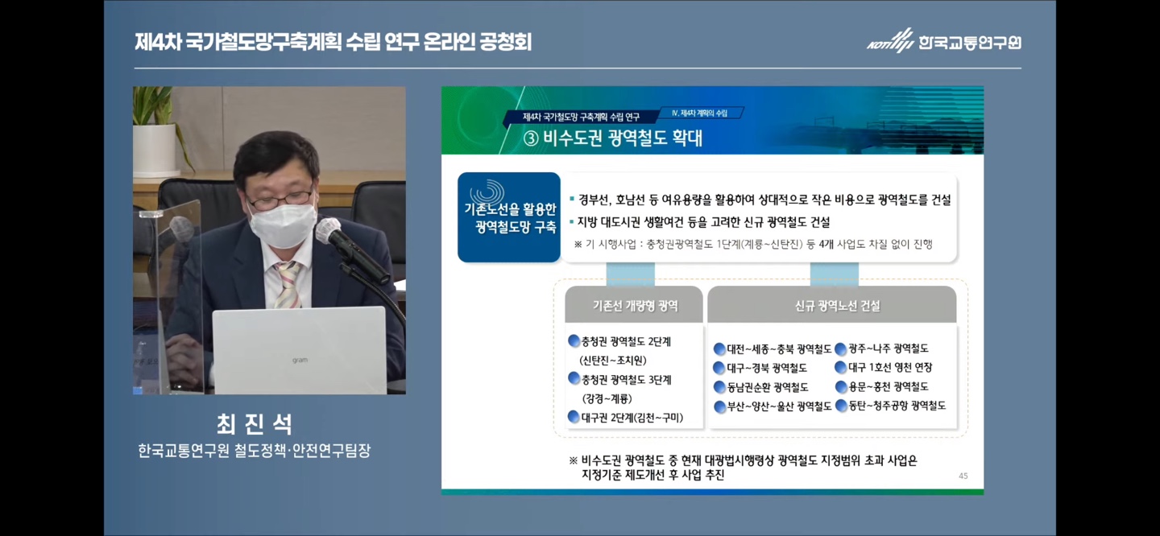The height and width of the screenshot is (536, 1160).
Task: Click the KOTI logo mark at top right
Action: click(891, 40)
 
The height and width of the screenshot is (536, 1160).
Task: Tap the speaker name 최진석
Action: click(255, 424)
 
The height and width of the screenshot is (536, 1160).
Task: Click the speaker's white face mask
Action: click(283, 225)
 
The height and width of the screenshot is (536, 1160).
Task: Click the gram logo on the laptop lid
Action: click(300, 360)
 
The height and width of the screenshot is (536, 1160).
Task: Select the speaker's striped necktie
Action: click(288, 284)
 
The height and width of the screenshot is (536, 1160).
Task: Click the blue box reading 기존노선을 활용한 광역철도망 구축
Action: click(509, 217)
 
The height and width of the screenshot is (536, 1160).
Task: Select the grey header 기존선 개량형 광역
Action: click(634, 305)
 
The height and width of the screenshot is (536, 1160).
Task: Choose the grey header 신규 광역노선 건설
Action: click(832, 305)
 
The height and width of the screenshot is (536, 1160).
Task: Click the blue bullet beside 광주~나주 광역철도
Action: click(840, 349)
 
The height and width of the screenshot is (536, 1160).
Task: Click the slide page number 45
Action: click(963, 476)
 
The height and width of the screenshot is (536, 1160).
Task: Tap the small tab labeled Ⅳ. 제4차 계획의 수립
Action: click(699, 113)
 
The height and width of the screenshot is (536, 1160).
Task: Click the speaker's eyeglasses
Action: click(280, 200)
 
